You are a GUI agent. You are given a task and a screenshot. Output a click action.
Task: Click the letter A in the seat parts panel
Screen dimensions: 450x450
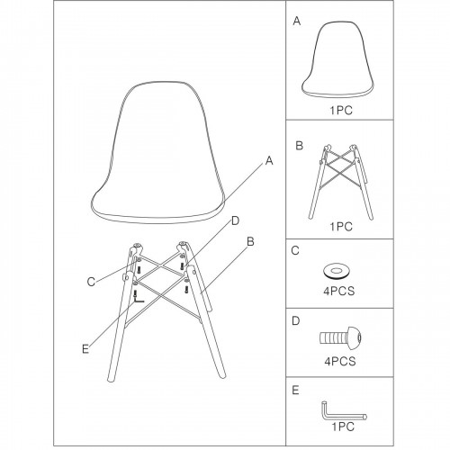click(297, 21)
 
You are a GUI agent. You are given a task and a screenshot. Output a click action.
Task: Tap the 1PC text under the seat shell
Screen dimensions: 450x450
click(341, 111)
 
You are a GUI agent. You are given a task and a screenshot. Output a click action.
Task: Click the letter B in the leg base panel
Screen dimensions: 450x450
click(299, 146)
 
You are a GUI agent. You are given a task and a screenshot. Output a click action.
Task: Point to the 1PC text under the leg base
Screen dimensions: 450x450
click(341, 227)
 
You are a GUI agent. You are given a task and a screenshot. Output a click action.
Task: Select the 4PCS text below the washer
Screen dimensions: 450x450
click(339, 291)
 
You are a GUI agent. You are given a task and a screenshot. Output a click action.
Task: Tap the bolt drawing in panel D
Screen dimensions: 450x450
click(340, 337)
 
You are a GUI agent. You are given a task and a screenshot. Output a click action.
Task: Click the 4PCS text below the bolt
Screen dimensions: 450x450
click(340, 361)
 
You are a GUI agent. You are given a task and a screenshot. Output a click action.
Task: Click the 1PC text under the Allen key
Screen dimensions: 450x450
click(343, 427)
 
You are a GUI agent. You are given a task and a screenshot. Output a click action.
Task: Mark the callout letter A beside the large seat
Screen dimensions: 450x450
click(269, 161)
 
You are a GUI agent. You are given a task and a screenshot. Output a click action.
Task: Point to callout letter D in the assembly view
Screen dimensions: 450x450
click(236, 220)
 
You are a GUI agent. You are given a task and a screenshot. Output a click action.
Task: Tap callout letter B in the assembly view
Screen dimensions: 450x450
click(250, 241)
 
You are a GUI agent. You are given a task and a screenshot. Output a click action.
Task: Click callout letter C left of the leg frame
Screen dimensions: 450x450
click(91, 282)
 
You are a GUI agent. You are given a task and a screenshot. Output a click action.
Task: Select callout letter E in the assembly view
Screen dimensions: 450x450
click(85, 349)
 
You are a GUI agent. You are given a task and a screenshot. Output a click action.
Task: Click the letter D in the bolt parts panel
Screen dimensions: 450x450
click(296, 321)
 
